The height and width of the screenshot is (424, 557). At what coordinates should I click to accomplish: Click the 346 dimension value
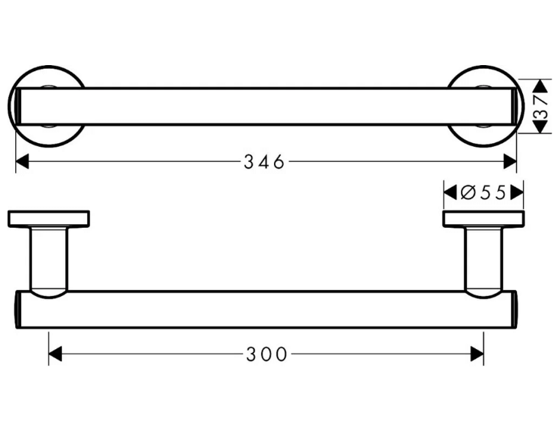(264, 162)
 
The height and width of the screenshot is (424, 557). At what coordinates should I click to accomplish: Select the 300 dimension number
(266, 354)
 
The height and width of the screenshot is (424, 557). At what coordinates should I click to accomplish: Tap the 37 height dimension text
(541, 107)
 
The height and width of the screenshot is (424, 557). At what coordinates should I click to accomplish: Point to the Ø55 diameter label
(483, 193)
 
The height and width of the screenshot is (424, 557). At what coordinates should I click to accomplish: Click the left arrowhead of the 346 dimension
(22, 162)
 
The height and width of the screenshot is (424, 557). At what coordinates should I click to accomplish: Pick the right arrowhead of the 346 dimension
(510, 162)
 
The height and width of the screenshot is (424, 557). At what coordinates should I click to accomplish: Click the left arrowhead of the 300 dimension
(55, 354)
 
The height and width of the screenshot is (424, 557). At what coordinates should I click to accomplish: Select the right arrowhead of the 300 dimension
(477, 354)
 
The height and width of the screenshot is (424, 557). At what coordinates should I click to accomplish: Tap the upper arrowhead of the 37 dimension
(541, 86)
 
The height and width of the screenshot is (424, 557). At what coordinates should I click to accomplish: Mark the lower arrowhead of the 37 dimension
(541, 126)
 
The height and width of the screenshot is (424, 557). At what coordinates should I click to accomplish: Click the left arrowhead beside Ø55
(450, 193)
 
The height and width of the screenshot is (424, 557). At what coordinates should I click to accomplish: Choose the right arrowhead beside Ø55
(517, 193)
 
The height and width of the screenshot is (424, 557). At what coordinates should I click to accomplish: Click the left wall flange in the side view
(48, 219)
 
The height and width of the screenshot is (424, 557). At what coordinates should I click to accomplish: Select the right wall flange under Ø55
(484, 219)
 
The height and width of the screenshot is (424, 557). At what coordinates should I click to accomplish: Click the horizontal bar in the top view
(266, 106)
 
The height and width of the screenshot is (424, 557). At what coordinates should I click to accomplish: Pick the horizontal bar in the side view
(266, 310)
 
